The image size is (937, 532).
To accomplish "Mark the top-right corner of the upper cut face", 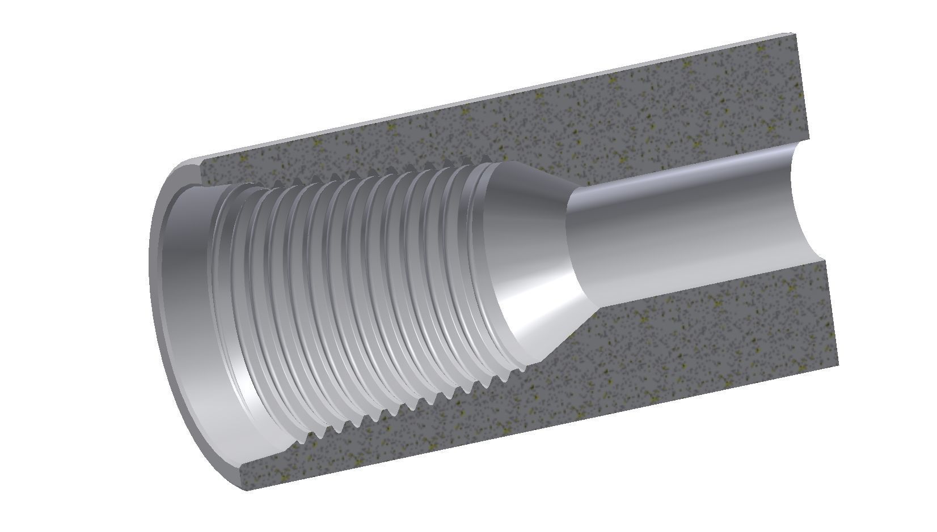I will pos(796,35).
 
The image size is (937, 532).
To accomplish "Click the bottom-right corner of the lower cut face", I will pos(837,363).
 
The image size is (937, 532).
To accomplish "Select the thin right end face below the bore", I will pos(831,312).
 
